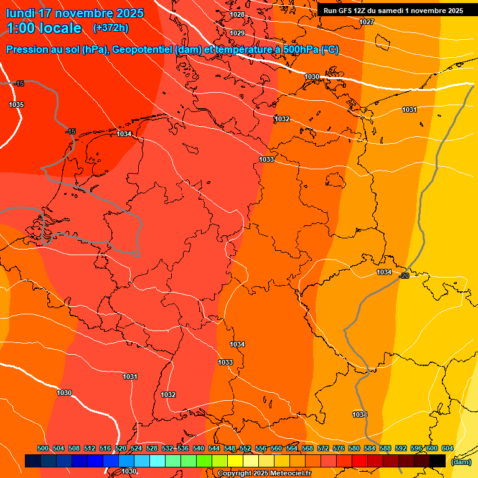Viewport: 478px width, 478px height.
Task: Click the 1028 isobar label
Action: pos(237,14)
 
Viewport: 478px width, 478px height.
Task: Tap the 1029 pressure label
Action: pos(237,33)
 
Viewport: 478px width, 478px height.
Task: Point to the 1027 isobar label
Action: pos(367,22)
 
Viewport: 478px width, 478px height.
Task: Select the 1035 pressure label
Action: pos(16,105)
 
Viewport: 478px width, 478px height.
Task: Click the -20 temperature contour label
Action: pos(404,276)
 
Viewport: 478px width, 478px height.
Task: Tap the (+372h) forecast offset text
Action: pos(110,28)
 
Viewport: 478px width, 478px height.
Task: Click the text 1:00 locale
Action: pos(44,28)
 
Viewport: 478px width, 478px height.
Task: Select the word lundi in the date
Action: pos(19,13)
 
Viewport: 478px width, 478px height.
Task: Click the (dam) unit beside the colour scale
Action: pos(461,462)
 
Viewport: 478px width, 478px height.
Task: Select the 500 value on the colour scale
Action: pos(43,448)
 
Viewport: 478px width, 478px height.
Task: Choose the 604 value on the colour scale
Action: pos(448,448)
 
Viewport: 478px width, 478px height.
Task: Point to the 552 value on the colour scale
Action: pos(245,448)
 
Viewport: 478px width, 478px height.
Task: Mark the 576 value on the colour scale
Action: pos(339,448)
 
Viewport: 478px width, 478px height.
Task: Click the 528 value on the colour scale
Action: pos(152,448)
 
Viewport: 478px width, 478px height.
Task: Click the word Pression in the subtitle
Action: pos(27,50)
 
